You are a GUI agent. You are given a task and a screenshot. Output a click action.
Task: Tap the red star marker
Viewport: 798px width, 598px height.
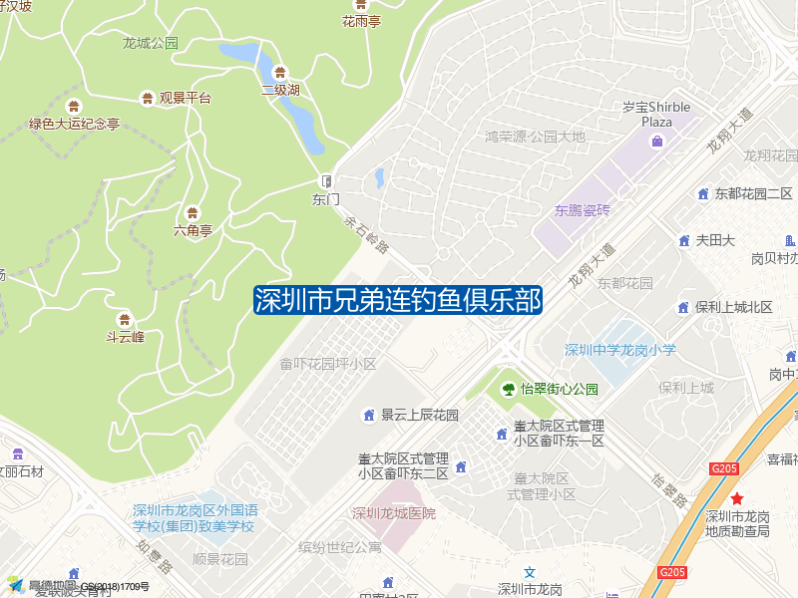pos(736,498)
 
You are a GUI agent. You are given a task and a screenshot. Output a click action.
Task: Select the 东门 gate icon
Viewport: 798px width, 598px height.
pos(325,180)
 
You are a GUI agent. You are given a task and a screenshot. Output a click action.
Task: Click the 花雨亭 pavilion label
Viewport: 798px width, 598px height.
pos(361,21)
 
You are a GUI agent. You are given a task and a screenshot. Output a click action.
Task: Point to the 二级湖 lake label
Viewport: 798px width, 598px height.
pos(280,90)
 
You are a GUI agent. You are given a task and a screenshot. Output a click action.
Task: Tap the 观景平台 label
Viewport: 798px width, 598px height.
pos(186,98)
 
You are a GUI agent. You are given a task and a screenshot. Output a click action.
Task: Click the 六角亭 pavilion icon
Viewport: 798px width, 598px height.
pos(193,212)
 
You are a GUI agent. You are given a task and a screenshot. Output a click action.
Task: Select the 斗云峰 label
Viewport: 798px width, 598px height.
pos(125,337)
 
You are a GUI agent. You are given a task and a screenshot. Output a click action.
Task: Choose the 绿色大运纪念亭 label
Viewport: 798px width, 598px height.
pos(74,125)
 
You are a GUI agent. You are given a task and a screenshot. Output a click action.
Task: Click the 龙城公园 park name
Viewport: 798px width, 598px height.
pos(150,43)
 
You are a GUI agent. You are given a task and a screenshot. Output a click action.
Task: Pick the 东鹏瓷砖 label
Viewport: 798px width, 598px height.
pos(582,210)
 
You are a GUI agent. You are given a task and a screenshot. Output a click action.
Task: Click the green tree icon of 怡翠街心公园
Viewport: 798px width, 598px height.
pos(509,389)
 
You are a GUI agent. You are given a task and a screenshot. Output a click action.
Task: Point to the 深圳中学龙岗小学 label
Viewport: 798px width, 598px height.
pos(619,350)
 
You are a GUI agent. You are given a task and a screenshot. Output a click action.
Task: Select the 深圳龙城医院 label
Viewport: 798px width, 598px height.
pos(393,513)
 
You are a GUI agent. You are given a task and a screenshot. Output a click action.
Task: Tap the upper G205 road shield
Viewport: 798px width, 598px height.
pos(725,467)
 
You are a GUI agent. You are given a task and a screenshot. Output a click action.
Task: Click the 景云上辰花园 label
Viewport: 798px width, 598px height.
pos(419,415)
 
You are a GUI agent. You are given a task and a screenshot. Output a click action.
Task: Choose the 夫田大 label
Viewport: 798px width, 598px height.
pos(715,240)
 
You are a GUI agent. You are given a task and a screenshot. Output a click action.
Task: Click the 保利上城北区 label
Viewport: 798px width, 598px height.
pos(734,307)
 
